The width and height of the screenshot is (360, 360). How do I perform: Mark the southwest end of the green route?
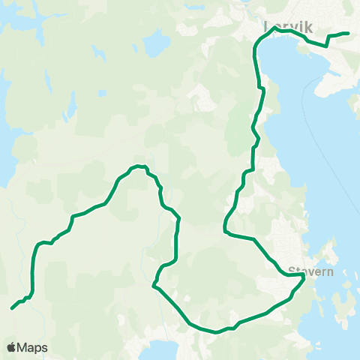coord(12,308)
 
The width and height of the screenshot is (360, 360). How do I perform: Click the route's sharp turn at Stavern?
coord(303,276)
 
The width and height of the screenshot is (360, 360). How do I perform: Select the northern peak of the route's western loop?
coord(138,166)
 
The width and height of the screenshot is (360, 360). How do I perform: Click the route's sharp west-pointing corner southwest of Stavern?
coord(153,285)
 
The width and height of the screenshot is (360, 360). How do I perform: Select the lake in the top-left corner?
coord(22,19)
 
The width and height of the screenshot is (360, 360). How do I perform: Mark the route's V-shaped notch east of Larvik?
coord(327,45)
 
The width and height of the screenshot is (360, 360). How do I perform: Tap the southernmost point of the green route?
coord(215,331)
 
